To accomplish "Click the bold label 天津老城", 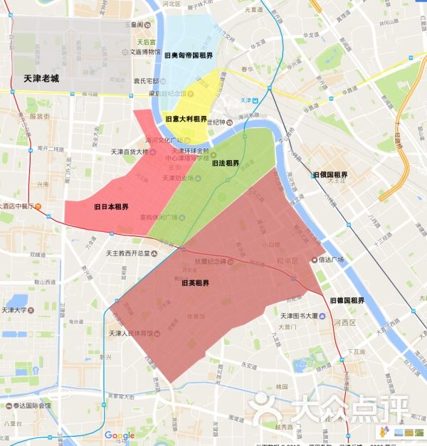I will tap(41, 79).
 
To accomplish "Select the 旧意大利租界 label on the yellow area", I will tap(186, 119).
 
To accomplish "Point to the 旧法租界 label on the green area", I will tap(226, 163).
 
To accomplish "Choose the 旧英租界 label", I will tap(195, 283).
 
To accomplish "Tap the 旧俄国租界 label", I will tap(330, 175).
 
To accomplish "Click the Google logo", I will tap(120, 435).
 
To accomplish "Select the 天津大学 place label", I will tap(14, 310).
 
